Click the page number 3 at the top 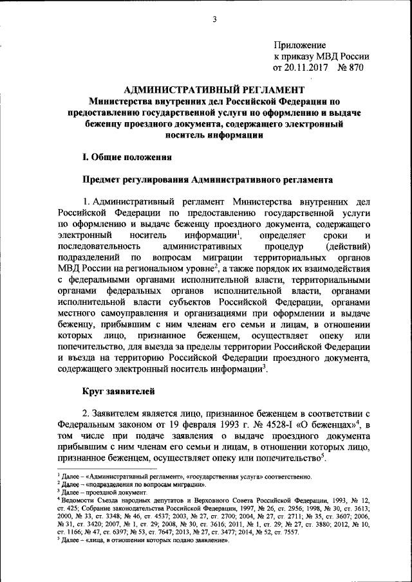coord(214,19)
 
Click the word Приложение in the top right coord(300,45)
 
